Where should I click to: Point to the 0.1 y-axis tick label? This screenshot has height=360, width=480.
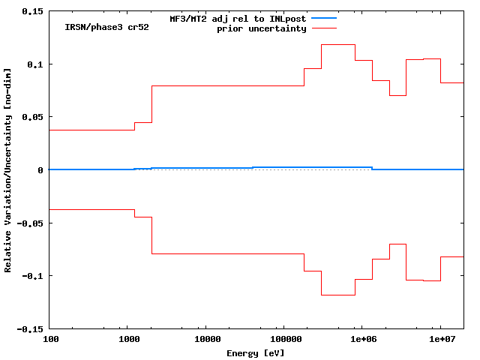coord(35,64)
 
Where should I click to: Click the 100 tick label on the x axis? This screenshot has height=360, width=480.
coord(50,340)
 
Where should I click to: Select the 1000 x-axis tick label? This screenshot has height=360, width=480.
coord(128,340)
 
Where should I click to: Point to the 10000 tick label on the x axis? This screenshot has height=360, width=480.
coord(206,340)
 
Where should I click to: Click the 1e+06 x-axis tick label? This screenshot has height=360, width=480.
coord(362,340)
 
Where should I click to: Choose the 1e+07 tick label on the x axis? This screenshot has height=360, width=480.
coord(440,340)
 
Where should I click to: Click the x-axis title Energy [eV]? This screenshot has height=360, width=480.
coord(256,352)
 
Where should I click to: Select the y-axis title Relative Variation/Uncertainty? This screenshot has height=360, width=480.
coord(8,170)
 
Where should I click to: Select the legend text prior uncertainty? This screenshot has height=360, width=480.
coord(262,28)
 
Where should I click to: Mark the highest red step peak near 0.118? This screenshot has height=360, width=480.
coord(338,45)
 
